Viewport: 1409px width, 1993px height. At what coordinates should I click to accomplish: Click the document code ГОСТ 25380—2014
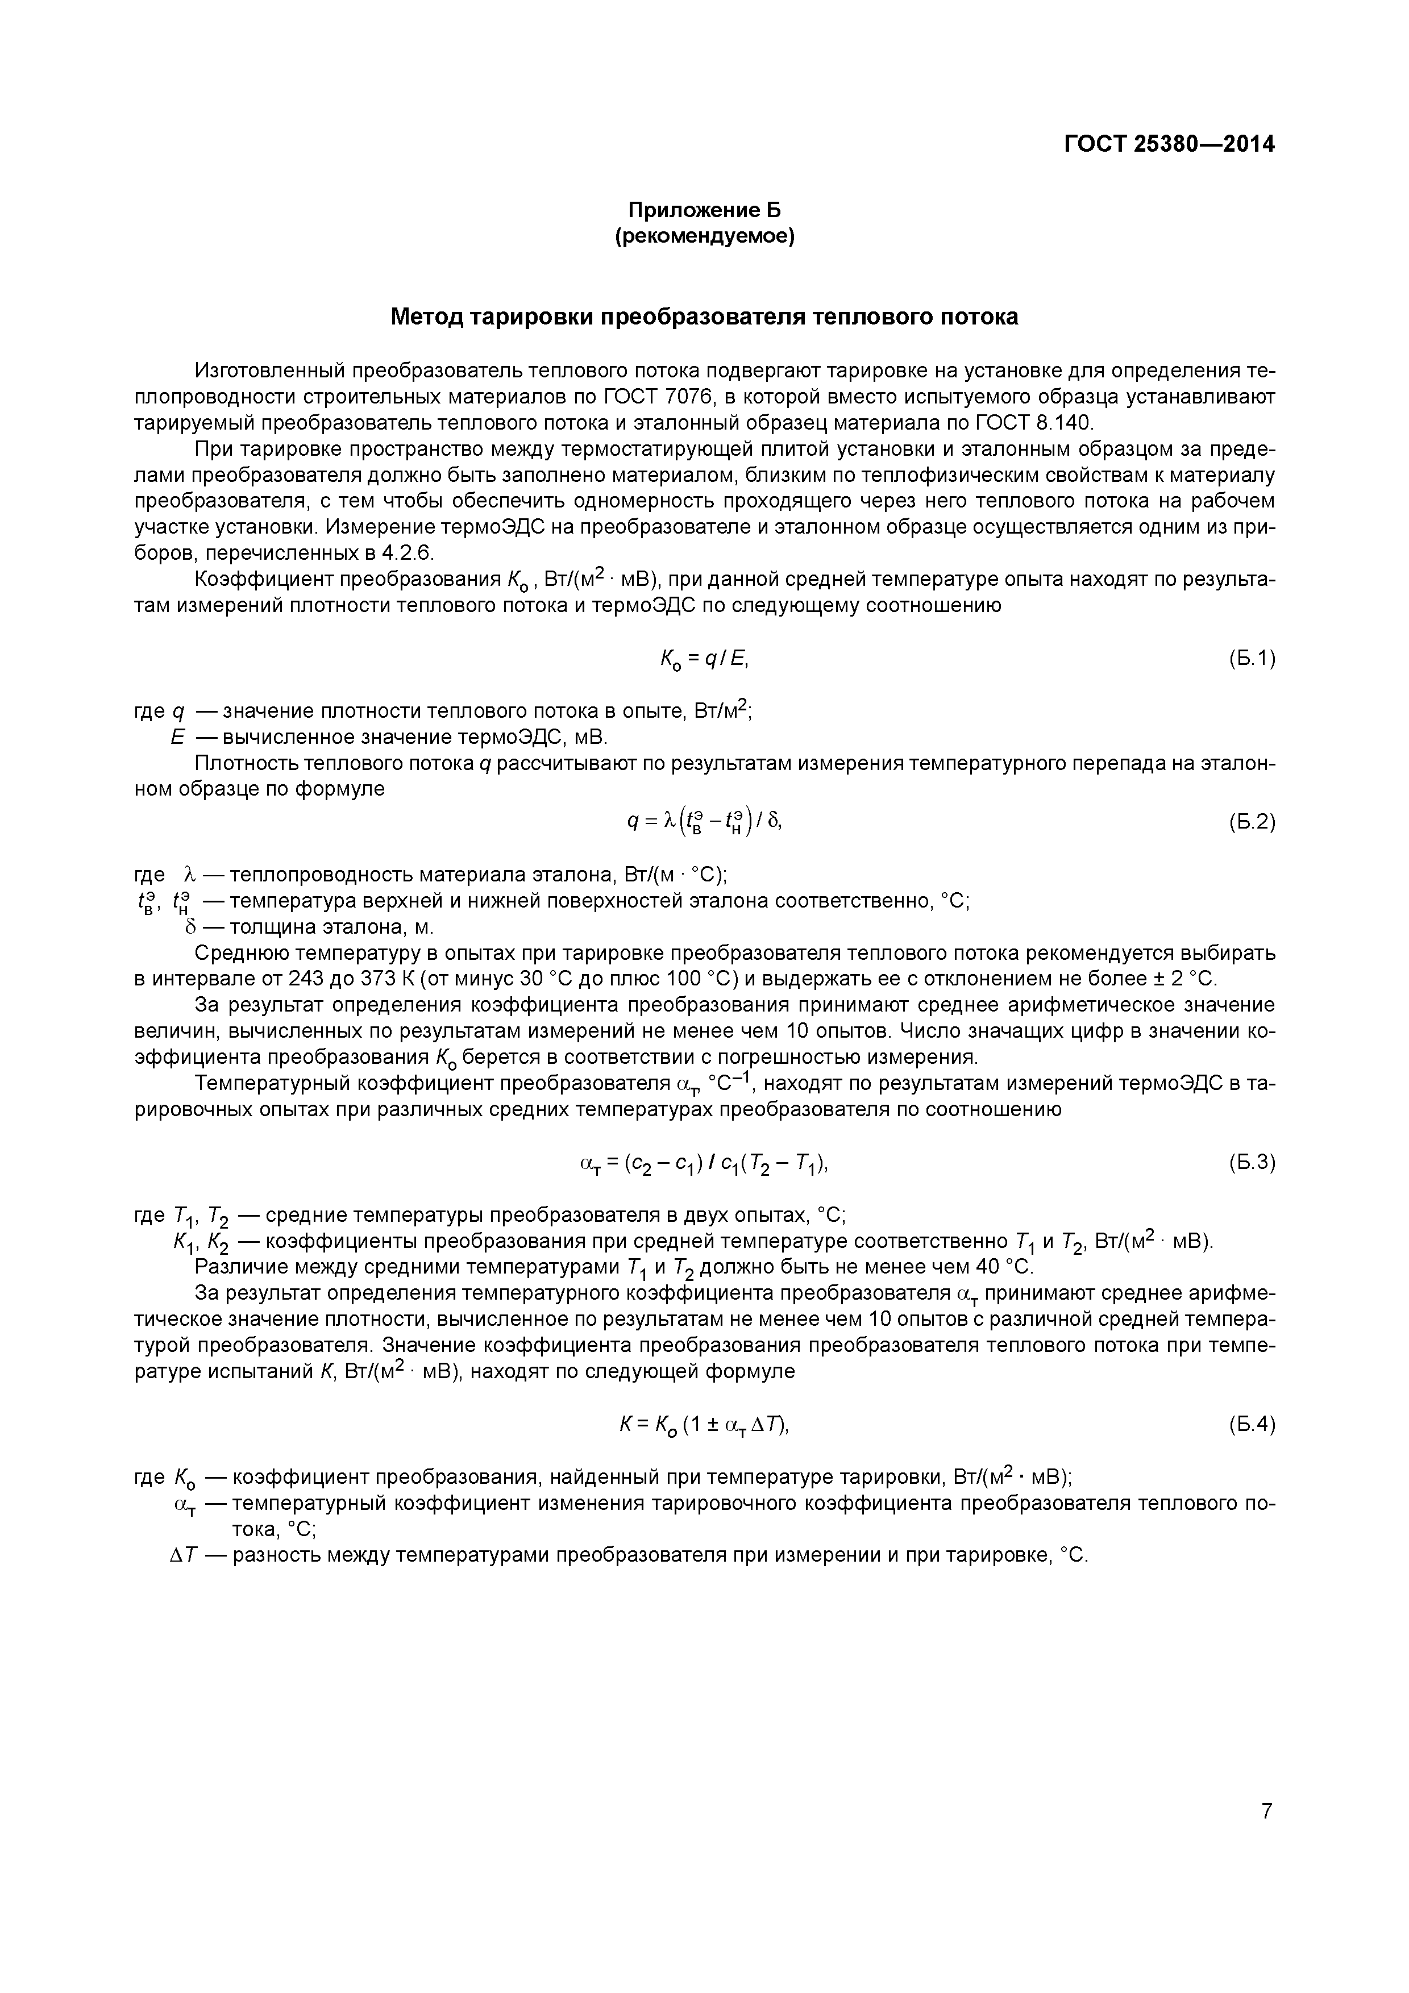(x=1169, y=144)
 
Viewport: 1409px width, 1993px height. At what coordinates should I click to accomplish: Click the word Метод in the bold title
(x=427, y=317)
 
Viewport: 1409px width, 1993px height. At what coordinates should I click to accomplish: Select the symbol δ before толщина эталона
(x=188, y=926)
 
